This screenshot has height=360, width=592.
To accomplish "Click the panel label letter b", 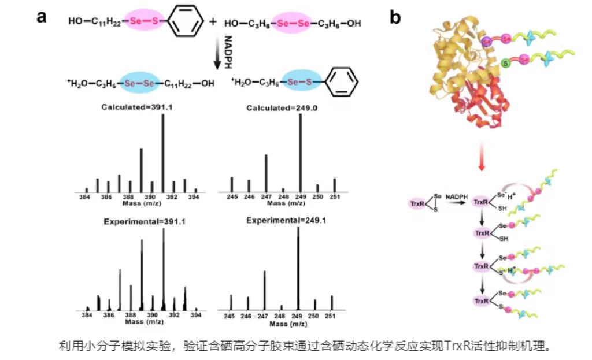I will coord(395,17).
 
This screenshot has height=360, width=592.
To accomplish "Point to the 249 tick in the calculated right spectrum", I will coord(301,197).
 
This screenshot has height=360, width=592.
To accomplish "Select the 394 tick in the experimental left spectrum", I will coord(196,315).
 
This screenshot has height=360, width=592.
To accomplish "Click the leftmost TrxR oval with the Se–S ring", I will coord(417,203).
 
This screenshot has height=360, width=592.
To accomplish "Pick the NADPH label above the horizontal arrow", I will coord(457,197).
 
